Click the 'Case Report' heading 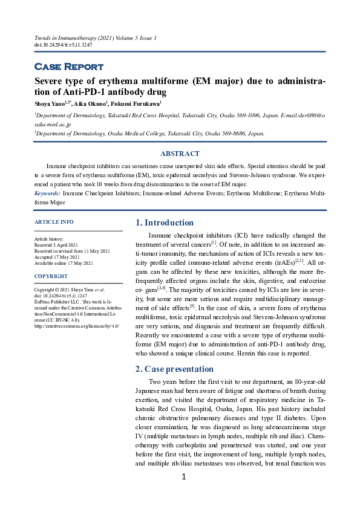69,66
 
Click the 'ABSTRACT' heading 180,154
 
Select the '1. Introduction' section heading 164,222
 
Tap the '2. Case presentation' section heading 174,369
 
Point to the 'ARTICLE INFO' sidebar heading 54,222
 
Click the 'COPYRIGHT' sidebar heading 51,276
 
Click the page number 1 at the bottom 184,477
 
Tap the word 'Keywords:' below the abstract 47,193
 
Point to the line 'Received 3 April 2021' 60,245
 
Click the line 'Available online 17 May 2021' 64,263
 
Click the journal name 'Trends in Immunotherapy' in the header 68,38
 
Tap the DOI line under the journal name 64,45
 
